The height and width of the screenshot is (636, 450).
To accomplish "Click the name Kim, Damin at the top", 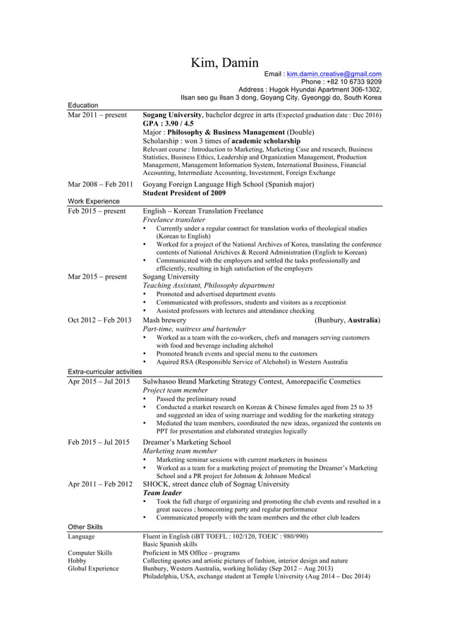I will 225,63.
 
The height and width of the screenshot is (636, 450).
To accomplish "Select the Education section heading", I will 83,105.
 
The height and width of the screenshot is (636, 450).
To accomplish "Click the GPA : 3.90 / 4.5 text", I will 168,123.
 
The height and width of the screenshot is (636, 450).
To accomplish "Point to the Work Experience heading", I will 93,201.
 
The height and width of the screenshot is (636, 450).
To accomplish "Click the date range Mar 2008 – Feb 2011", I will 100,184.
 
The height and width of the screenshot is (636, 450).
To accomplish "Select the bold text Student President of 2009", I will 184,192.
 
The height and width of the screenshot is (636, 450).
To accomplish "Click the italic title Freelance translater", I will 178,220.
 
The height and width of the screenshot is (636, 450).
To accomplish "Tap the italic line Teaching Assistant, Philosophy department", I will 209,286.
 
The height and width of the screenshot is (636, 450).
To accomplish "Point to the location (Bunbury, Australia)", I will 348,320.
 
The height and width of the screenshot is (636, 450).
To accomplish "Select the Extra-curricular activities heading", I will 104,372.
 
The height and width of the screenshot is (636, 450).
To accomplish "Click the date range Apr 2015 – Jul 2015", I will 99,381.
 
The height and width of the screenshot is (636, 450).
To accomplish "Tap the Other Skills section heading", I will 85,527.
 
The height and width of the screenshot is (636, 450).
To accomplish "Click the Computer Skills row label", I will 90,553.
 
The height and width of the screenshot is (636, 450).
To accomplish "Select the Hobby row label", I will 77,561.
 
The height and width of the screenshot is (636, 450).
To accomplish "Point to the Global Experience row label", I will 93,568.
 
